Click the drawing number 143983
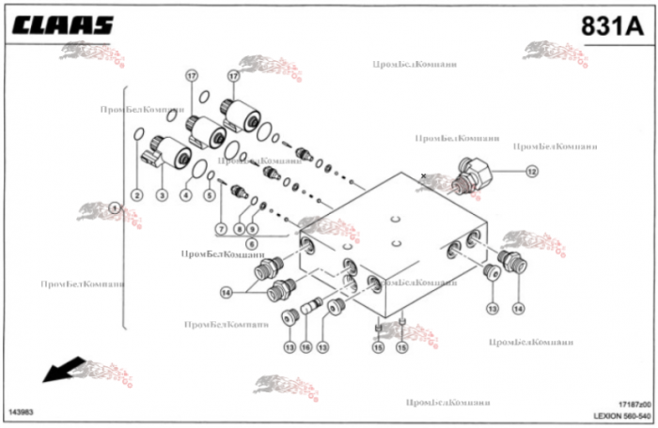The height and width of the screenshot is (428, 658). [22, 412]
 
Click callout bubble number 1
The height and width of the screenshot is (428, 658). [114, 208]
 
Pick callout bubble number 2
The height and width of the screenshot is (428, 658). [136, 195]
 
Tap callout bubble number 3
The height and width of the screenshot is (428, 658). [162, 195]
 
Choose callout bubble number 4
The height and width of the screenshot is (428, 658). [186, 195]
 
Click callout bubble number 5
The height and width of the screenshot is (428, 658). [209, 195]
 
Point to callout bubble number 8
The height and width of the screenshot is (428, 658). [241, 229]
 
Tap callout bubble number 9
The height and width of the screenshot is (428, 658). [253, 229]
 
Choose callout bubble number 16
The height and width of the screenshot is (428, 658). [305, 347]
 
